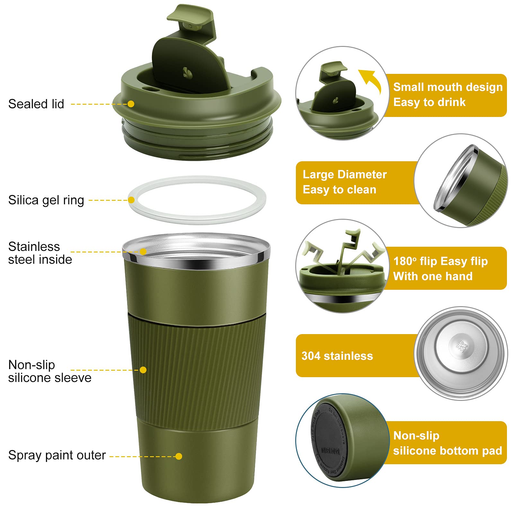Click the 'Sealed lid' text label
(36, 104)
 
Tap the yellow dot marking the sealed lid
(131, 104)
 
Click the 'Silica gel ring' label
(46, 200)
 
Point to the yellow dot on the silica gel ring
(131, 200)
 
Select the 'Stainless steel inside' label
(40, 253)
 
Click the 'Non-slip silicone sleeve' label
(49, 371)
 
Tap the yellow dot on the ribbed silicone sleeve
(143, 370)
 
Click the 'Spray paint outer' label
(57, 455)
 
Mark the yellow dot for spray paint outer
(179, 456)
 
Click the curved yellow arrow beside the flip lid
(371, 80)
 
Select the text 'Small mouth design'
(448, 87)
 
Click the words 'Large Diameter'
(344, 174)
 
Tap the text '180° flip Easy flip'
(440, 261)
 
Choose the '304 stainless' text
(337, 356)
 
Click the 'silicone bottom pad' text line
(447, 451)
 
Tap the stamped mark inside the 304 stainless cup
(462, 346)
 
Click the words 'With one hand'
(433, 276)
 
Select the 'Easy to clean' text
(339, 190)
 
